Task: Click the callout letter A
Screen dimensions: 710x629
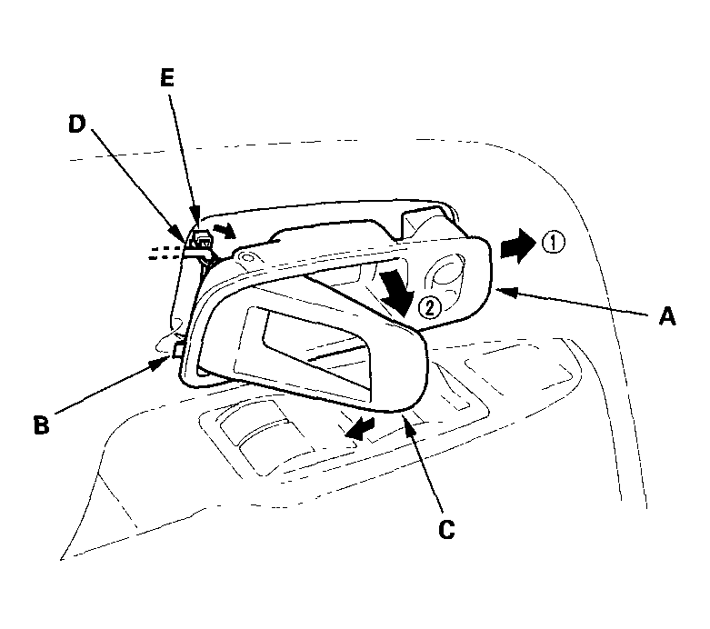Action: [667, 315]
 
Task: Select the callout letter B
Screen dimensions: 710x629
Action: [42, 424]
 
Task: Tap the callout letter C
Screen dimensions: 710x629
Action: [446, 529]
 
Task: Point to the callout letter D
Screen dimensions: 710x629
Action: [77, 124]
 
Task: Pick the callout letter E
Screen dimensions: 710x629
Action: [167, 78]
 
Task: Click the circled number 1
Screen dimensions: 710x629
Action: [553, 244]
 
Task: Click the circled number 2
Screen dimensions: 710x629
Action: [429, 308]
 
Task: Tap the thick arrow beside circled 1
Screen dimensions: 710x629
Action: [518, 245]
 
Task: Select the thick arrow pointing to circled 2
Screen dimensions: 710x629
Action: [395, 292]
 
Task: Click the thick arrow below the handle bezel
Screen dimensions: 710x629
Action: [359, 428]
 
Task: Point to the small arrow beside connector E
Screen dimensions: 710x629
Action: [225, 230]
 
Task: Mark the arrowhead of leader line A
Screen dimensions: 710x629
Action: [505, 291]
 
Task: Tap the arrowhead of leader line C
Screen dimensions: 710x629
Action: [405, 419]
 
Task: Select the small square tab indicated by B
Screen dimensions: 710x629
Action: [178, 350]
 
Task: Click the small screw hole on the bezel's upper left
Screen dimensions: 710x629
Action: [247, 258]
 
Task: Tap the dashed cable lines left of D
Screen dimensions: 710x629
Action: [166, 253]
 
